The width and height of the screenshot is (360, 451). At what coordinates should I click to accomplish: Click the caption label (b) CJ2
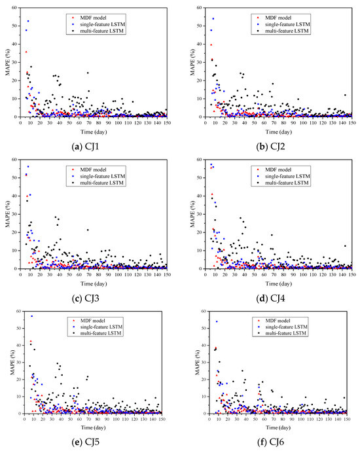click(x=270, y=138)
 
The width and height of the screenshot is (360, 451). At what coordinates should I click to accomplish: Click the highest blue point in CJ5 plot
click(x=31, y=316)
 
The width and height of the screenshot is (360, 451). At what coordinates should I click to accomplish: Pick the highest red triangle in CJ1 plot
click(x=26, y=52)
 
